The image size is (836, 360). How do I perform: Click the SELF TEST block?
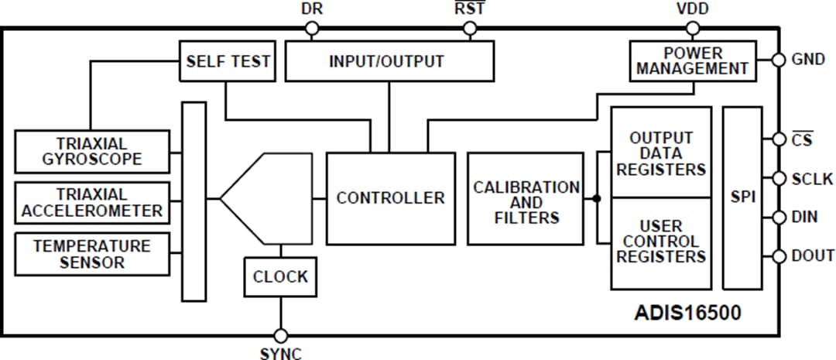(x=228, y=61)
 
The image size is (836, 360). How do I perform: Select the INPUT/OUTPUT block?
(x=389, y=61)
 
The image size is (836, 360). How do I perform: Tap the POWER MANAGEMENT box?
(x=693, y=61)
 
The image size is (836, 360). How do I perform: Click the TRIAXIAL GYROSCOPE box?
(x=92, y=152)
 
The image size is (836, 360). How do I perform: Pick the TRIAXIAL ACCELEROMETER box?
(x=92, y=203)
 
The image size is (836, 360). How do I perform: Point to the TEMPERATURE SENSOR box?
(x=92, y=254)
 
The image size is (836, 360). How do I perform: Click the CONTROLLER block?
(x=390, y=198)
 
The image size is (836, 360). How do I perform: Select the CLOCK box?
(x=280, y=276)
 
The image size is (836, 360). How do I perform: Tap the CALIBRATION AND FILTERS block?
(x=526, y=199)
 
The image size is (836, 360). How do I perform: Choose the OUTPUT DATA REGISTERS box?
(x=661, y=153)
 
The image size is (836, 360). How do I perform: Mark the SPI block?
(x=743, y=198)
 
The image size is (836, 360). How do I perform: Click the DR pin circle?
(x=311, y=29)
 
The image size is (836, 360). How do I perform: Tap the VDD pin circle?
(x=693, y=29)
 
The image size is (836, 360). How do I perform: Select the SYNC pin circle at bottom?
(x=280, y=336)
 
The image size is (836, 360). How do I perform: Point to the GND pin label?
(x=807, y=60)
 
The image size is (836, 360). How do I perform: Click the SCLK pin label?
(x=812, y=180)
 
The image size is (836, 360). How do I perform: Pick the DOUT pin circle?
(x=779, y=256)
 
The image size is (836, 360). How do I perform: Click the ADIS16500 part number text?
(x=687, y=314)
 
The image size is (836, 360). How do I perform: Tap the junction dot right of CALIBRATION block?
(x=597, y=198)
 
